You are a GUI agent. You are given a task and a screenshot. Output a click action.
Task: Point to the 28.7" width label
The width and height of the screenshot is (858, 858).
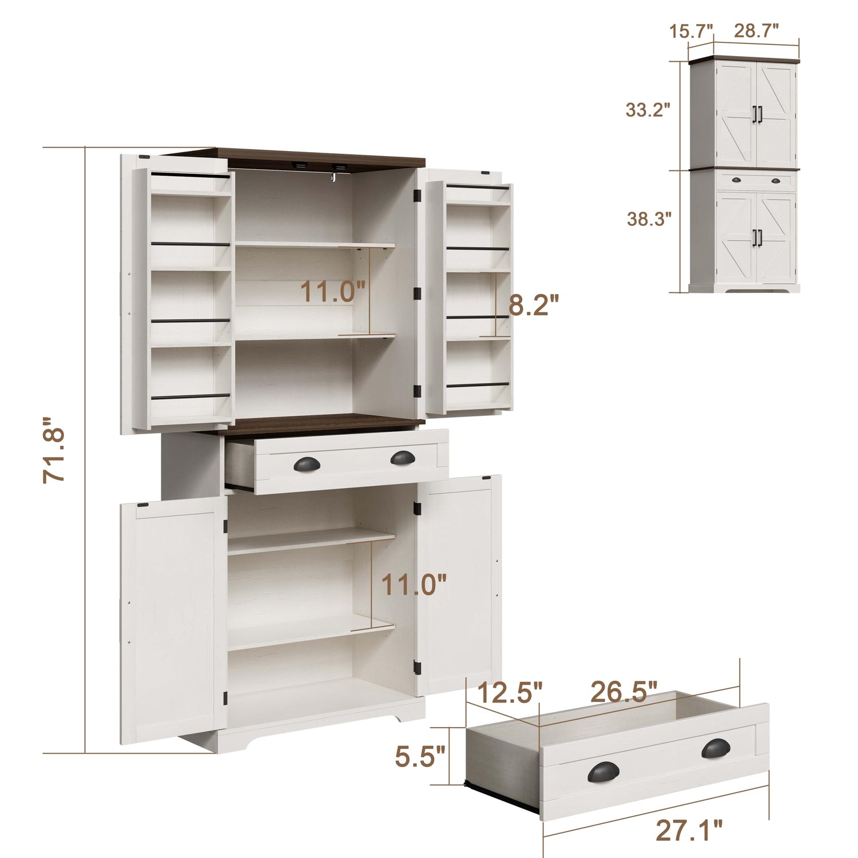[x=757, y=31]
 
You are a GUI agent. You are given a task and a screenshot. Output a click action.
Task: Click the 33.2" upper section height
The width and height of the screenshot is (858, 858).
[x=648, y=110]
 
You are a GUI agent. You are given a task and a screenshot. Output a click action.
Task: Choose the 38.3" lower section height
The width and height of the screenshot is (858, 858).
[x=649, y=219]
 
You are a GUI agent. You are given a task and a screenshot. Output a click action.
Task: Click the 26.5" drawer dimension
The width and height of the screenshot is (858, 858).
[x=624, y=692]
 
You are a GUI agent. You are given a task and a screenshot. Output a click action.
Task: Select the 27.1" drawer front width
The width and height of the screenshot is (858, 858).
[x=689, y=831]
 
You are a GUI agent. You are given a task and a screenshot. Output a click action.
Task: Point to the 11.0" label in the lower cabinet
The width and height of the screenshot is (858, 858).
[x=414, y=585]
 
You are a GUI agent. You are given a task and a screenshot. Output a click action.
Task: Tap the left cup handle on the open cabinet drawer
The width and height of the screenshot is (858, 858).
[x=307, y=464]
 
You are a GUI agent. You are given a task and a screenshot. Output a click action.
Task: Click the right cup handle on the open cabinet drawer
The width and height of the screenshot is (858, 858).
[x=403, y=457]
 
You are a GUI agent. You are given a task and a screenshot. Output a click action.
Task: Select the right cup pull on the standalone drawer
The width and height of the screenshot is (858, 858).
[x=716, y=748]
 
